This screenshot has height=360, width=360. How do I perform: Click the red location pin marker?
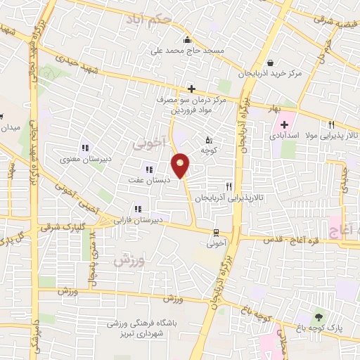[181, 165]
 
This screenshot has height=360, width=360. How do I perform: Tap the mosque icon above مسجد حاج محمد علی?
[187, 39]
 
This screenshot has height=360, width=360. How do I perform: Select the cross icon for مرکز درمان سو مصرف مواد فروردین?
[191, 89]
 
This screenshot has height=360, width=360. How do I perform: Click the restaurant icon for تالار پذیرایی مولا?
[331, 124]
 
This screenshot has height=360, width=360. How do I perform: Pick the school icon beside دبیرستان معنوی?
[85, 148]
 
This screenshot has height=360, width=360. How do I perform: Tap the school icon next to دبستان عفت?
[148, 169]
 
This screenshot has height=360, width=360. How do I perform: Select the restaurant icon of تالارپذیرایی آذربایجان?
[228, 187]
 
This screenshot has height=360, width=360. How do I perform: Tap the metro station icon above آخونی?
[214, 233]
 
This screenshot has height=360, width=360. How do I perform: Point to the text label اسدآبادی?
[283, 135]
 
